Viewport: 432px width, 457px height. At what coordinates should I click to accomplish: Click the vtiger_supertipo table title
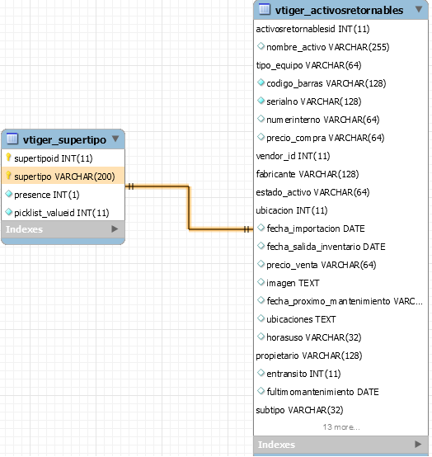[x=64, y=140]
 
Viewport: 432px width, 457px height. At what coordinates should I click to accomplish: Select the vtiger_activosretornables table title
[x=339, y=11]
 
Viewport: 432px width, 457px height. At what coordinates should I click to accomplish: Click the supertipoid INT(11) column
[x=54, y=158]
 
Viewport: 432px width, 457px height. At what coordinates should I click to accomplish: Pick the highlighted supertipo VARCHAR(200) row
[x=63, y=176]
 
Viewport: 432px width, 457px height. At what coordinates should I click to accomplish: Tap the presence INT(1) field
[x=47, y=195]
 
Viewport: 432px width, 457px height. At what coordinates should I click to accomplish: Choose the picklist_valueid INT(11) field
[x=62, y=213]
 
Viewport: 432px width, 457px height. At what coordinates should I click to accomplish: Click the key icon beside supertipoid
[x=8, y=158]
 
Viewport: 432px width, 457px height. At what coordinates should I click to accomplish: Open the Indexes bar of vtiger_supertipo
[x=63, y=229]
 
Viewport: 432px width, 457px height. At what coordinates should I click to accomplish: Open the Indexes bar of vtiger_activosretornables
[x=340, y=445]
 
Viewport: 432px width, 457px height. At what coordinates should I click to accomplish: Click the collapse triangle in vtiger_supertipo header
[x=115, y=139]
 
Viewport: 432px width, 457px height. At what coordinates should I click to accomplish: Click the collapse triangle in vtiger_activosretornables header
[x=419, y=9]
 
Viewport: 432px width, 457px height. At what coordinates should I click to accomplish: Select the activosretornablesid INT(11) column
[x=312, y=29]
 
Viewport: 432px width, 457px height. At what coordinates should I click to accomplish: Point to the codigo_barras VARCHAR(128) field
[x=326, y=83]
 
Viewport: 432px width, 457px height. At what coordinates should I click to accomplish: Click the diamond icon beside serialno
[x=261, y=101]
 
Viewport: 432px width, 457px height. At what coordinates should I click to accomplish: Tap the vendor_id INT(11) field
[x=293, y=156]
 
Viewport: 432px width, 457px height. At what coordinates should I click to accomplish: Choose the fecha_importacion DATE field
[x=316, y=228]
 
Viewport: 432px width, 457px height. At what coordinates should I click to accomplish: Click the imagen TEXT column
[x=293, y=283]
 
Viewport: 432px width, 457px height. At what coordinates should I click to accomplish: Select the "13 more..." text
[x=341, y=427]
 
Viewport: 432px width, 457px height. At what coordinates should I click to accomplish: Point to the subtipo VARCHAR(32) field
[x=299, y=410]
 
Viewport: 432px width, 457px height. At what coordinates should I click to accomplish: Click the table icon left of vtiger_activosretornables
[x=264, y=9]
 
